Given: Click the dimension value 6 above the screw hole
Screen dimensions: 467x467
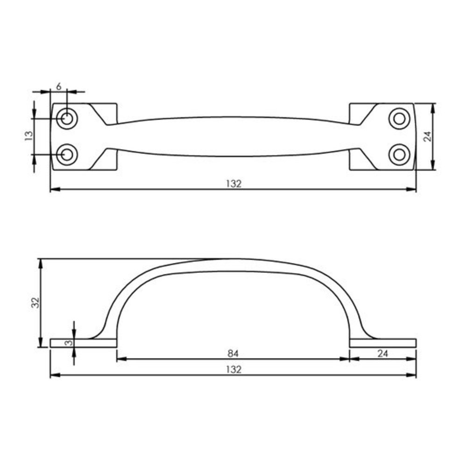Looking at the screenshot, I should click(59, 86).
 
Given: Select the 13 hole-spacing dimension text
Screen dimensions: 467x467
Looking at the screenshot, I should click(29, 136).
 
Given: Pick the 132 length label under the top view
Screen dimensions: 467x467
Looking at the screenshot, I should click(233, 184).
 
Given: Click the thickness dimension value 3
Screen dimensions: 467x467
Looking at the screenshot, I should click(68, 343).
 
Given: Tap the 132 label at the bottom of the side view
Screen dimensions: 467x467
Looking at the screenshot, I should click(233, 369).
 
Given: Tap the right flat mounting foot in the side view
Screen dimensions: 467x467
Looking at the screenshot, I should click(382, 343).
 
